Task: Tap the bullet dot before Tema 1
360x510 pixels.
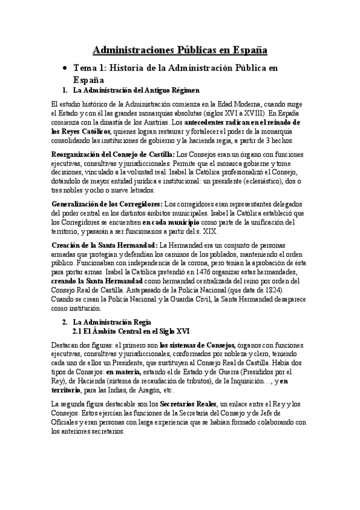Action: tap(64, 69)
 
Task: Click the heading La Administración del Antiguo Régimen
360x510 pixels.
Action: tap(135, 91)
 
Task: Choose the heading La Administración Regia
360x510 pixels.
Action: tap(112, 323)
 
